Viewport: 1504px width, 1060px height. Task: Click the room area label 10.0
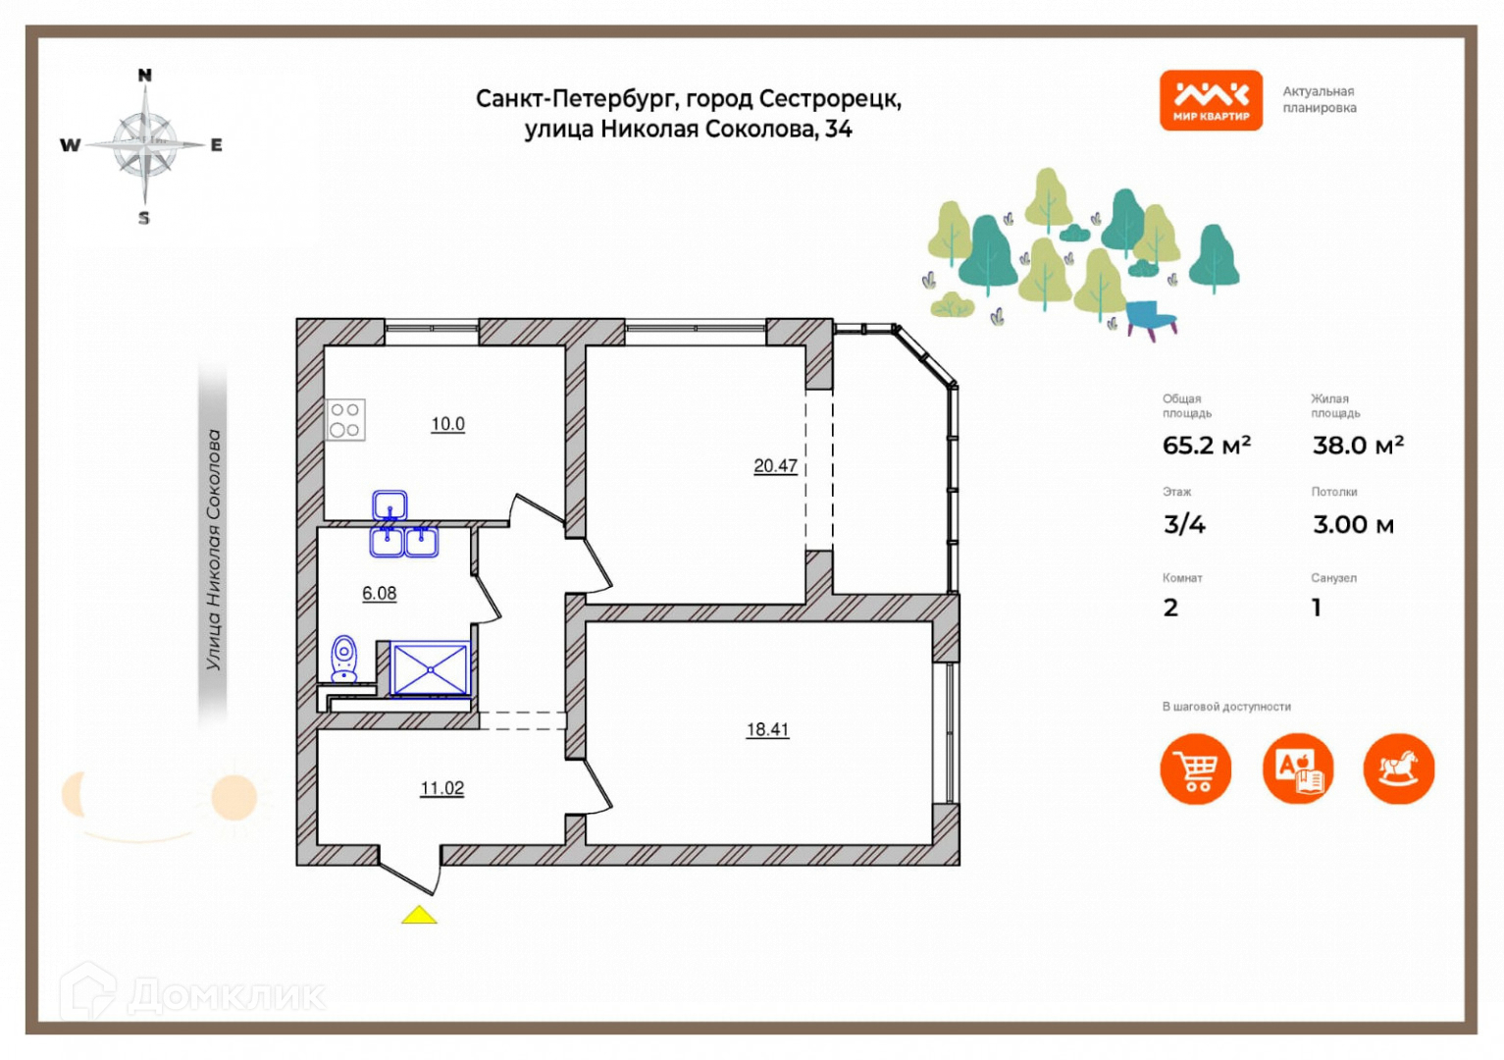pyautogui.click(x=447, y=424)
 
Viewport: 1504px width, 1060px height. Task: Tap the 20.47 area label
pyautogui.click(x=775, y=466)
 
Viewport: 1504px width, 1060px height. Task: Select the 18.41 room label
pyautogui.click(x=767, y=729)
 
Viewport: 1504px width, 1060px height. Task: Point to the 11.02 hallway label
pyautogui.click(x=441, y=788)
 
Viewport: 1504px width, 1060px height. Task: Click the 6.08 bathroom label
pyautogui.click(x=380, y=593)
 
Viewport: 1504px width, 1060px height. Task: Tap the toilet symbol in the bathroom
pyautogui.click(x=344, y=659)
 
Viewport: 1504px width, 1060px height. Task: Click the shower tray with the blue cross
pyautogui.click(x=431, y=668)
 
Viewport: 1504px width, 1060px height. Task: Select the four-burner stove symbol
pyautogui.click(x=345, y=419)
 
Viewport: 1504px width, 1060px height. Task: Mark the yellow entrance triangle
pyautogui.click(x=419, y=915)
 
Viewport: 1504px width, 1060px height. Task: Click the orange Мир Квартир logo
pyautogui.click(x=1211, y=100)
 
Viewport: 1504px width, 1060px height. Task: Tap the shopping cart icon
pyautogui.click(x=1196, y=768)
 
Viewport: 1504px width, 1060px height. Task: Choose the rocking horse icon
pyautogui.click(x=1398, y=768)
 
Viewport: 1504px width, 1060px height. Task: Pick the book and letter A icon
pyautogui.click(x=1298, y=768)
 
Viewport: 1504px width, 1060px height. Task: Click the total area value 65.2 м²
pyautogui.click(x=1206, y=446)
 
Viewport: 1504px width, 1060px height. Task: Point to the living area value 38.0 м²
pyautogui.click(x=1358, y=446)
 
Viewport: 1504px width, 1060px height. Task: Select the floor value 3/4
pyautogui.click(x=1184, y=525)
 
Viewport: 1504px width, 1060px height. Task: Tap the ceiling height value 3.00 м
pyautogui.click(x=1353, y=525)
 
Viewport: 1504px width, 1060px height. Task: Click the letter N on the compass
pyautogui.click(x=145, y=76)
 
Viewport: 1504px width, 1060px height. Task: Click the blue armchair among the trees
pyautogui.click(x=1151, y=318)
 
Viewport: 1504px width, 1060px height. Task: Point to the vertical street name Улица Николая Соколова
pyautogui.click(x=213, y=550)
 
